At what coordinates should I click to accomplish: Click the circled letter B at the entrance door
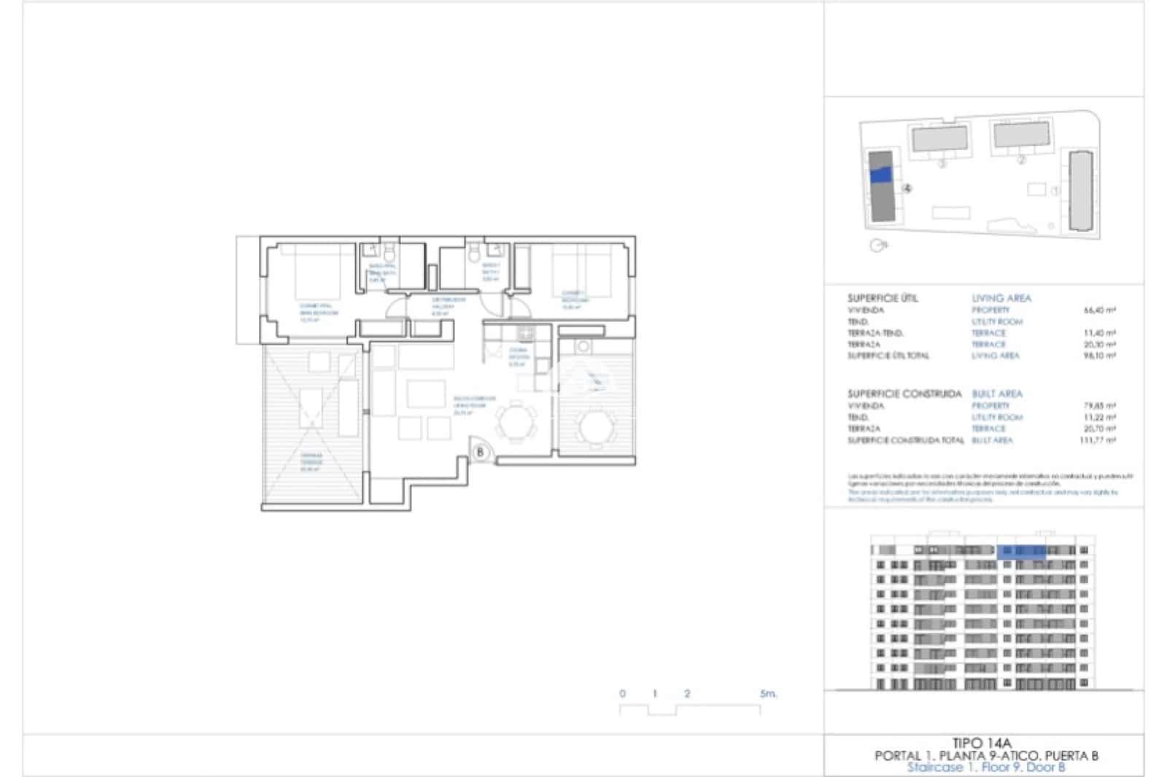pos(480,453)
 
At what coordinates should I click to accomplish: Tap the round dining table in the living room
pos(516,422)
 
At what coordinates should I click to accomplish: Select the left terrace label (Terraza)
pos(311,461)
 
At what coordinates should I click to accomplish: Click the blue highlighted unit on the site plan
pos(881,175)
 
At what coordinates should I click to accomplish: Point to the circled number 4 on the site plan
pos(907,188)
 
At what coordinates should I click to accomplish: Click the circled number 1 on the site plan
pos(1055,191)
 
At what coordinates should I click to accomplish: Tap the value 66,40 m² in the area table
pos(1100,311)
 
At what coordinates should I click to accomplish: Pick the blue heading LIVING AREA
pos(1001,298)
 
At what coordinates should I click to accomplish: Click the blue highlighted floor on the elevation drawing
pos(1020,551)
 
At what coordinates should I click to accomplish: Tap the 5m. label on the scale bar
pos(768,694)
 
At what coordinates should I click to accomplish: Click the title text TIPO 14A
pos(985,744)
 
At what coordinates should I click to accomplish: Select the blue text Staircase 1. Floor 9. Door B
pos(985,768)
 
